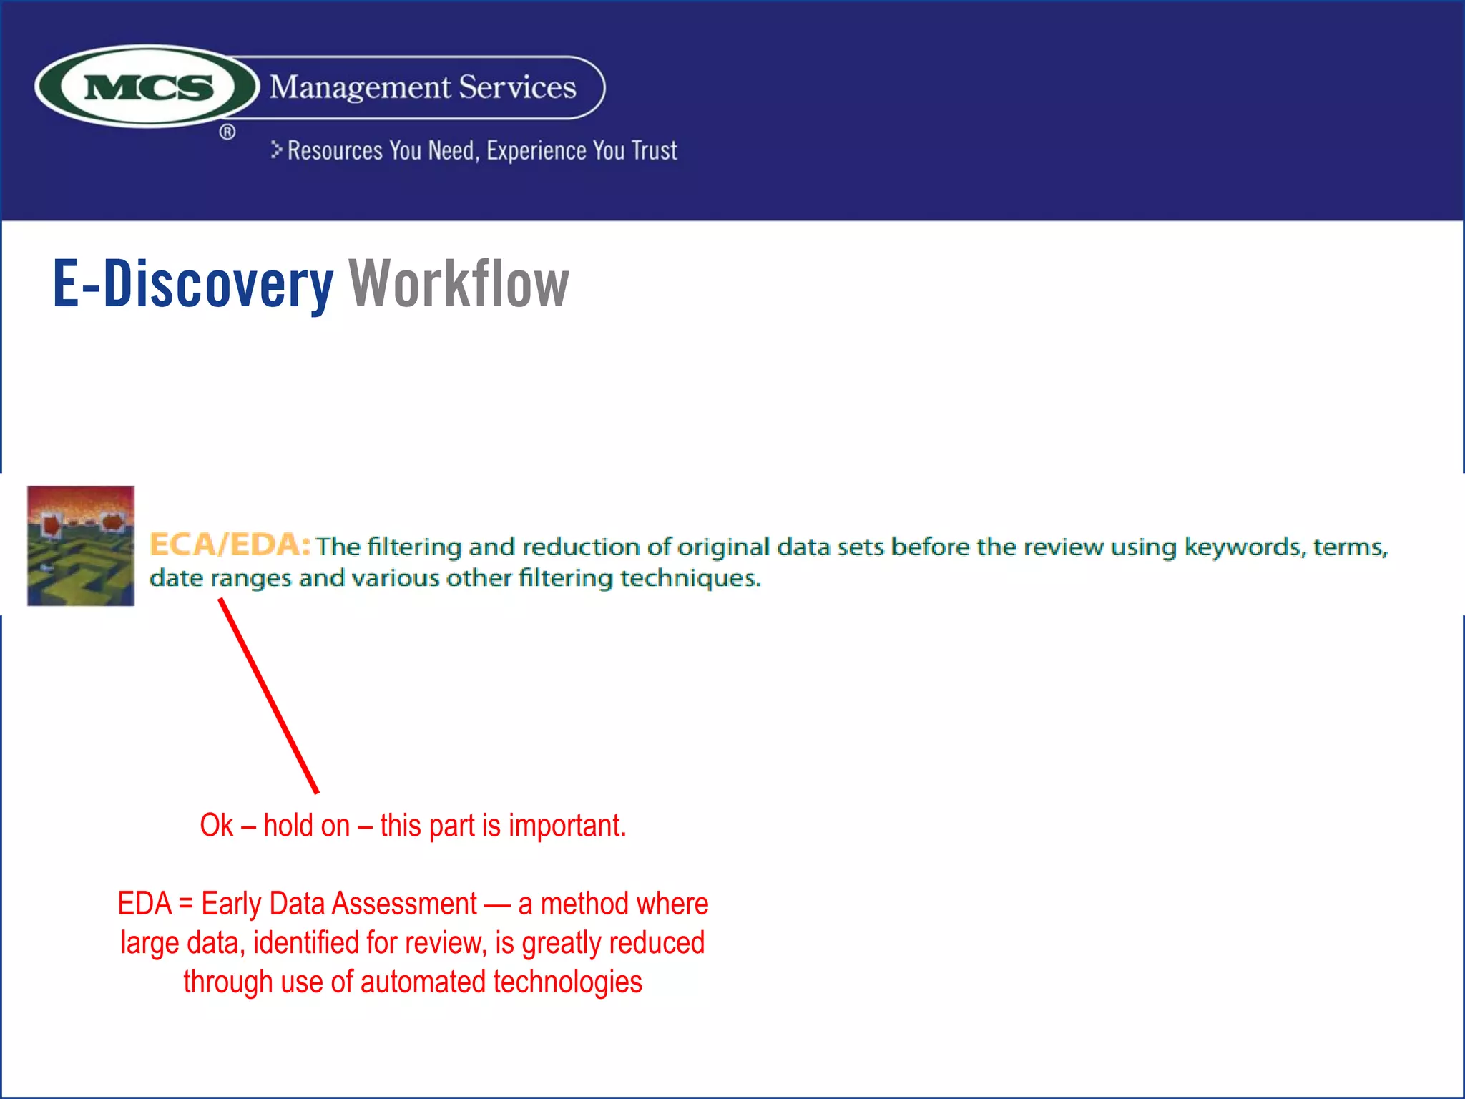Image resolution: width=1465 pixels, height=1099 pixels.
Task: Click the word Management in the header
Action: (361, 88)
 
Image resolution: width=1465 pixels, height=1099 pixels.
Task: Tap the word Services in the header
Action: (517, 87)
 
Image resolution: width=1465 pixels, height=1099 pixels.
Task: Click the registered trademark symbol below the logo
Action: (227, 132)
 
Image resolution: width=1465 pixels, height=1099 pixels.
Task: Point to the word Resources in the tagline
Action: (335, 151)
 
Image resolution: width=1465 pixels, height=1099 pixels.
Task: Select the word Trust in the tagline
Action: (654, 151)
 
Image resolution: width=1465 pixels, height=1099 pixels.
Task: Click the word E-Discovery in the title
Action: (193, 285)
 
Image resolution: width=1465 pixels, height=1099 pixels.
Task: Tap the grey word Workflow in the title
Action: (459, 285)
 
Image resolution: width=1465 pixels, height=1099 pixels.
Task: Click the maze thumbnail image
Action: (81, 546)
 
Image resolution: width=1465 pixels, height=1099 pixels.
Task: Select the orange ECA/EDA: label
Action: (230, 545)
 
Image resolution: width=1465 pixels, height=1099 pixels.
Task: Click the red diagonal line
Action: (269, 696)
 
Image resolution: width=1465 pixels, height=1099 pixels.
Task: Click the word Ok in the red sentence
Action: (216, 826)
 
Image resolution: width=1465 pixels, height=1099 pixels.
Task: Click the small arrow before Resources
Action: (277, 150)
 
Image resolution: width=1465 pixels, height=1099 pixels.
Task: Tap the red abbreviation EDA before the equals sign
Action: (144, 904)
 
